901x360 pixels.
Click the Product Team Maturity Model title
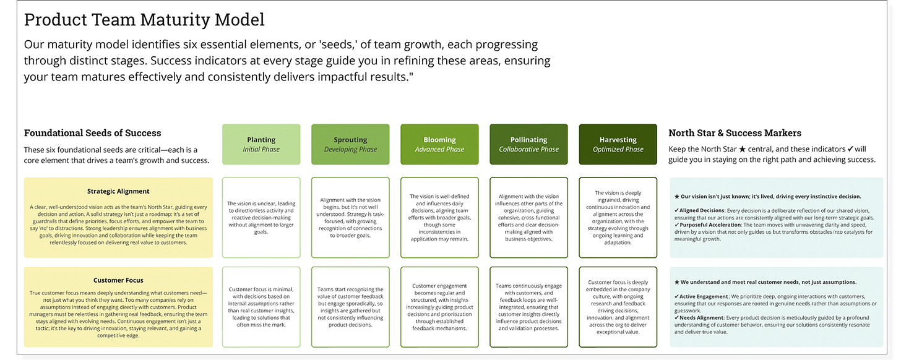[144, 20]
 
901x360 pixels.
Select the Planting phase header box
[261, 144]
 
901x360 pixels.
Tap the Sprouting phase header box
[350, 144]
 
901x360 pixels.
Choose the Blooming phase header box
[439, 144]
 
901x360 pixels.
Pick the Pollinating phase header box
[528, 144]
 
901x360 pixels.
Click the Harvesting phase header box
[618, 144]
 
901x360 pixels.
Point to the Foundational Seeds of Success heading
[92, 133]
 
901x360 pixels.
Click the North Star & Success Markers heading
[735, 133]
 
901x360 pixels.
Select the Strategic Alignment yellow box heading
[118, 191]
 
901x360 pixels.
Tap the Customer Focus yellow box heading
[118, 280]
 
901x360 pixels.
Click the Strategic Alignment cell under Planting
[261, 218]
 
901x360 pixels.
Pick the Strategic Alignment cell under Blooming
[439, 218]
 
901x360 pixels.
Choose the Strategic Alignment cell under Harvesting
[618, 218]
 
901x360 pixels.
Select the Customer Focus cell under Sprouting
[350, 307]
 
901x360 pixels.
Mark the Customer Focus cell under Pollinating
[528, 307]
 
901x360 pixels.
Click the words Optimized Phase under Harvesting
[618, 149]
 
